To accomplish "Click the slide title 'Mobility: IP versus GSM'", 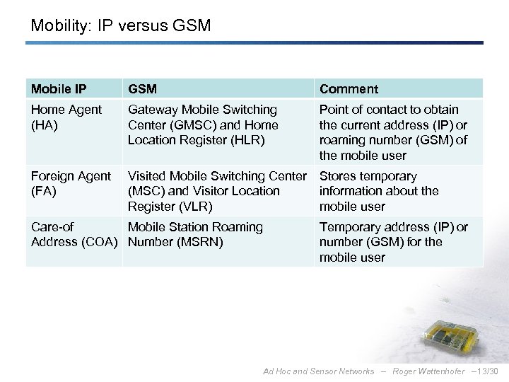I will (121, 26).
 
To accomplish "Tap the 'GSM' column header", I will (143, 89).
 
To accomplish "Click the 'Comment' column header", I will (349, 89).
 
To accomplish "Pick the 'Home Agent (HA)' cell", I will (66, 117).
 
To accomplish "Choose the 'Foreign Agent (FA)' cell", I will (71, 183).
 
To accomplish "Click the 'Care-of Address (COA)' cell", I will (71, 235).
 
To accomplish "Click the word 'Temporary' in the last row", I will (350, 227).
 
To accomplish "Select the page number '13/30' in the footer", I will (488, 371).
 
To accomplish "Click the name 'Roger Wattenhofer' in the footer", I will (428, 371).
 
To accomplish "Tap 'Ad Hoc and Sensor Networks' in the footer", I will (318, 371).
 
